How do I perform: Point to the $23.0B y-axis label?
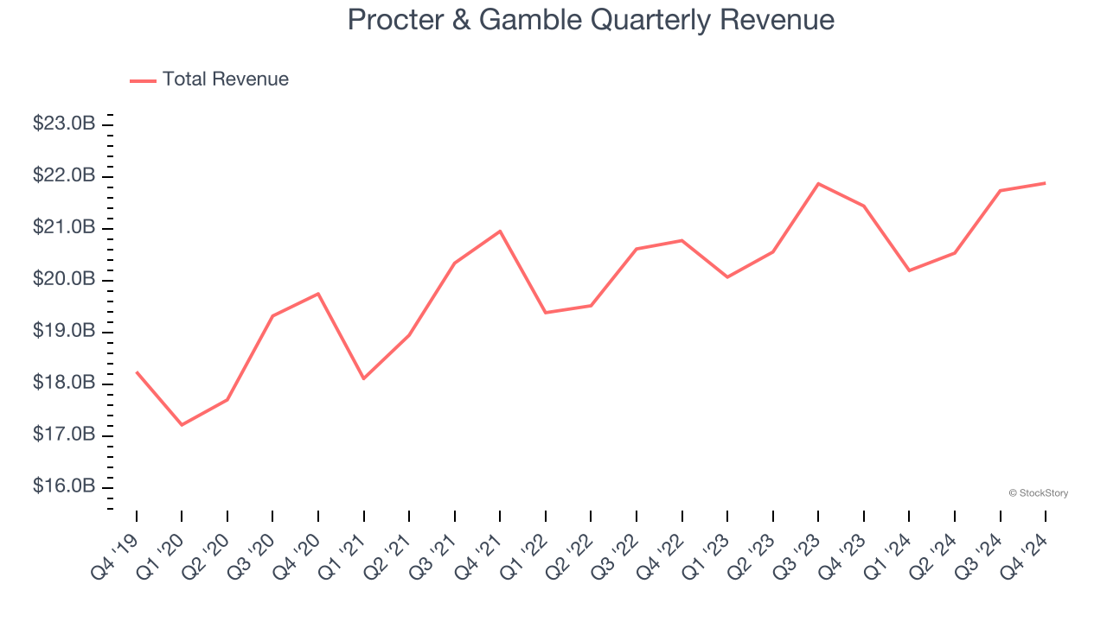[x=64, y=124]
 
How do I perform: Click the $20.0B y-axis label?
[x=64, y=279]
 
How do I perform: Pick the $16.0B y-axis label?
[x=64, y=486]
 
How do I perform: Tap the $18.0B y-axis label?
[x=64, y=383]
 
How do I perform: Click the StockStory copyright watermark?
[x=1038, y=493]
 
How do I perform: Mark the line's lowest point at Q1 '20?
[x=182, y=425]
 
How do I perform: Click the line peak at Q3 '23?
[x=818, y=183]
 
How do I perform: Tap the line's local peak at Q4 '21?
[x=500, y=231]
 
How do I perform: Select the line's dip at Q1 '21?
[x=363, y=378]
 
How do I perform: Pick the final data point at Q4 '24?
[x=1046, y=183]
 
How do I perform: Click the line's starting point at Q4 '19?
[x=137, y=371]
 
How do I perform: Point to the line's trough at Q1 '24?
[x=909, y=270]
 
